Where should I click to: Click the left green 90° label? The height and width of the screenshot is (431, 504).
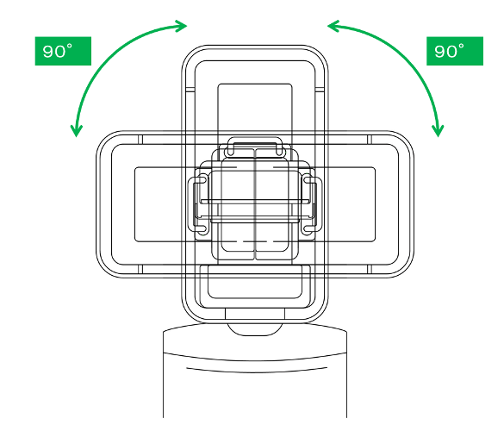[63, 51]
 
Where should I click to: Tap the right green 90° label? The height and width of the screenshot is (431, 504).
[455, 51]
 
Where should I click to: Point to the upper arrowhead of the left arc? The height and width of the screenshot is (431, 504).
[181, 26]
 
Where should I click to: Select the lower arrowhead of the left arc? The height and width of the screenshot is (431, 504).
[77, 130]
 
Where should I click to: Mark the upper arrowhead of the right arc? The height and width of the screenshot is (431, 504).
[333, 26]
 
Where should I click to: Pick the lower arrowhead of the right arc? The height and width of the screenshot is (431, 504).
[438, 130]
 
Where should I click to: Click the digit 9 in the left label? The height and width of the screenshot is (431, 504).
[48, 52]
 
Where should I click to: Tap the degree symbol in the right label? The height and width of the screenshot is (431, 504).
[461, 47]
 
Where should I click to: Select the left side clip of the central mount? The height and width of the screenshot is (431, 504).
[198, 204]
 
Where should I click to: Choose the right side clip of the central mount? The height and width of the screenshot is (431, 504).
[312, 204]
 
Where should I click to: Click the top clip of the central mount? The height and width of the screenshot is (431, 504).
[254, 147]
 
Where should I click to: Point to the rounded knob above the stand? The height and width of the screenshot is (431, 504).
[255, 329]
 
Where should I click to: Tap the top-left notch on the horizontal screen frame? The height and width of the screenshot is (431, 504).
[140, 140]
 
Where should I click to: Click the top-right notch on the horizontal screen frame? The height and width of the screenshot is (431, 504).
[370, 140]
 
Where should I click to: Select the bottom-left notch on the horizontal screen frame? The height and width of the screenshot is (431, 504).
[140, 269]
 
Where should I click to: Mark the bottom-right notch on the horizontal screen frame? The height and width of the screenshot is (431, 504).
[370, 269]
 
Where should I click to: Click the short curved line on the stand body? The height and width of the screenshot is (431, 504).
[257, 370]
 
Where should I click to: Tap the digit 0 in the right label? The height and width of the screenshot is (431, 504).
[447, 52]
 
